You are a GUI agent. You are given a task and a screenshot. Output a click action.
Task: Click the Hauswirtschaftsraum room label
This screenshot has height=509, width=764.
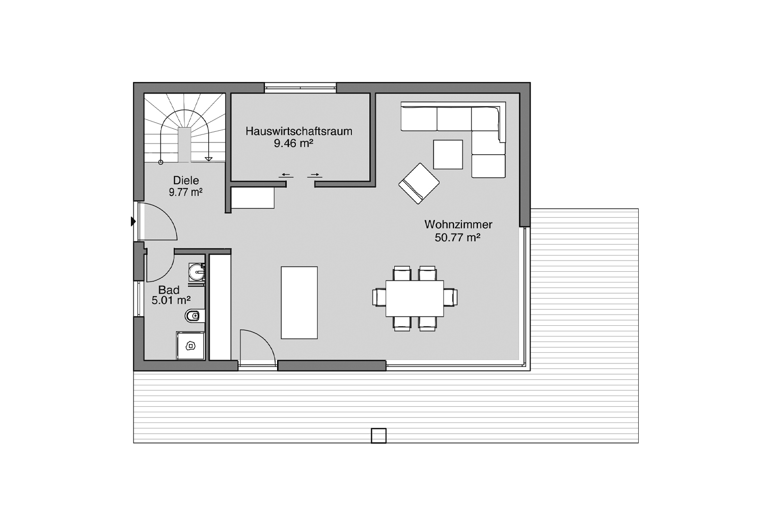(x=299, y=131)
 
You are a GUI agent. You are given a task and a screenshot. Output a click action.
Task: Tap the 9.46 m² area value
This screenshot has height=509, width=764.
(x=293, y=143)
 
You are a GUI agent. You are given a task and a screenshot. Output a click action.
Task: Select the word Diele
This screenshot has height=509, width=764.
(x=186, y=180)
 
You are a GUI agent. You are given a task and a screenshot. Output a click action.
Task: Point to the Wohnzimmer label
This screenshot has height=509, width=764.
(x=458, y=224)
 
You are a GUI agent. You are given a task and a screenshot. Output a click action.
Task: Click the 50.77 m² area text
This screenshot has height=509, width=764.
(x=457, y=237)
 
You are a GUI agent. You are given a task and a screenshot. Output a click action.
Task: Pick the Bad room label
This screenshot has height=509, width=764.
(x=169, y=290)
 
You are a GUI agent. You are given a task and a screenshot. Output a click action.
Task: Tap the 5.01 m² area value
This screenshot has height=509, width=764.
(x=171, y=300)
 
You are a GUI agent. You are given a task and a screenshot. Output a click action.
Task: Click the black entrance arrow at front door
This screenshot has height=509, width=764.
(x=133, y=221)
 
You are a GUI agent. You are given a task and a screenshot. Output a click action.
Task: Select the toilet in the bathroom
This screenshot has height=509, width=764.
(x=195, y=316)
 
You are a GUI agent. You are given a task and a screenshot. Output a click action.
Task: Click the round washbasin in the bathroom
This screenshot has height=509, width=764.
(x=197, y=272)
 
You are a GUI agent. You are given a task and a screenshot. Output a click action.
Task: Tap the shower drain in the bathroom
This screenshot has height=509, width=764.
(x=190, y=347)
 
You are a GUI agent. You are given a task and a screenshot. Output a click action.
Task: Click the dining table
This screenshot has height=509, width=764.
(x=415, y=299)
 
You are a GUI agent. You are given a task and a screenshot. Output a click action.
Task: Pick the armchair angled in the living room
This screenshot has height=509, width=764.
(x=419, y=183)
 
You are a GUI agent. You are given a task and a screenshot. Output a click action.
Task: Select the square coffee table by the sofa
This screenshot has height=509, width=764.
(x=448, y=154)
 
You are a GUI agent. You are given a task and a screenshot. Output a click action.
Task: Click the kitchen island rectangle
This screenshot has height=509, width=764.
(x=299, y=303)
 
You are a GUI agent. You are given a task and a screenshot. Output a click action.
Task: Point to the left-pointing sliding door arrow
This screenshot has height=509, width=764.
(x=286, y=175)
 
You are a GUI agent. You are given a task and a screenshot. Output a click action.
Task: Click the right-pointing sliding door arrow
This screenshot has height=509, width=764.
(x=315, y=175)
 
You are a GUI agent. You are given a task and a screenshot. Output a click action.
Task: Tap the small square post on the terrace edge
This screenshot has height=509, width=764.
(x=378, y=436)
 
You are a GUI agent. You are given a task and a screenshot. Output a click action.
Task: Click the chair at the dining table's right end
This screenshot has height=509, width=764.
(x=450, y=298)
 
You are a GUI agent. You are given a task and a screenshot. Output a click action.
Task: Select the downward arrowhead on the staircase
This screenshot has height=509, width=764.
(x=208, y=159)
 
